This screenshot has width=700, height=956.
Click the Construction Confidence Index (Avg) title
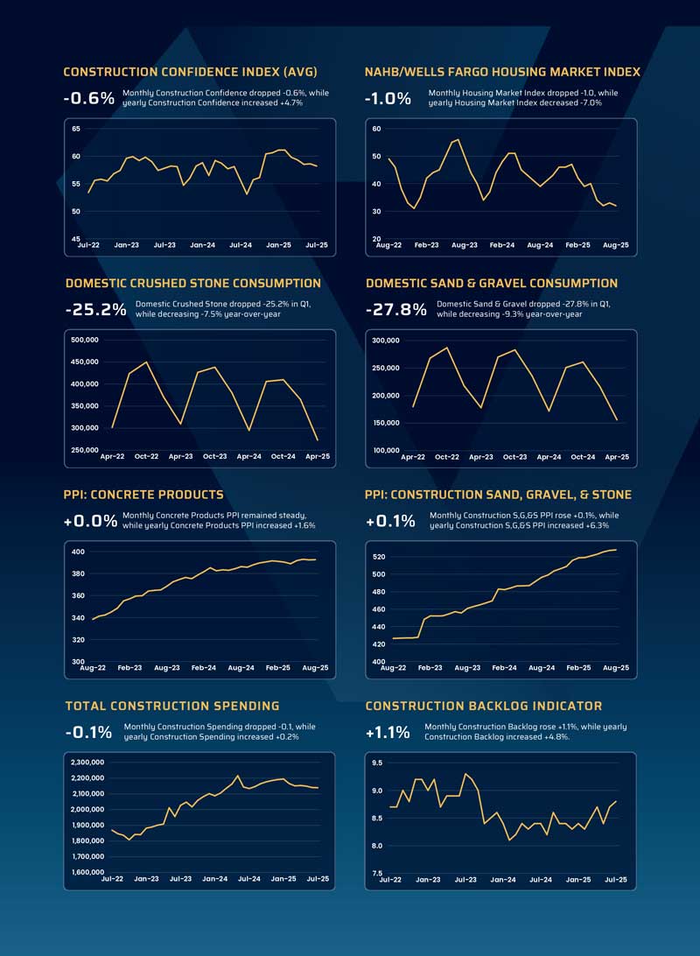click(190, 72)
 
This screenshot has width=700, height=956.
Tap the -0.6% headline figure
click(88, 98)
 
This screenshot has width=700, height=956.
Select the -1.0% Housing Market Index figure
click(388, 98)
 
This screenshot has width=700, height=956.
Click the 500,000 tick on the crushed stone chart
click(90, 340)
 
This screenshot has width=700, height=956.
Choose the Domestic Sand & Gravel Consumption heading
click(492, 283)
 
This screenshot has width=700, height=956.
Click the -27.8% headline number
click(395, 309)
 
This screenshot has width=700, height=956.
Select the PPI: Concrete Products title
click(143, 495)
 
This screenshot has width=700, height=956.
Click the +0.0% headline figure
click(90, 521)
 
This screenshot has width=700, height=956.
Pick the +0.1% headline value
click(390, 521)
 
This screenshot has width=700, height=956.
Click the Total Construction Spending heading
click(172, 706)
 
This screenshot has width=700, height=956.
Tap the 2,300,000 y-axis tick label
click(87, 763)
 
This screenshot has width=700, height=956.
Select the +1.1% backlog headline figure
click(388, 732)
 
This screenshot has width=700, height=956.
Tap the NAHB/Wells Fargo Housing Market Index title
click(502, 72)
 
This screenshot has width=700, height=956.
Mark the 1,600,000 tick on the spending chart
click(87, 872)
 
